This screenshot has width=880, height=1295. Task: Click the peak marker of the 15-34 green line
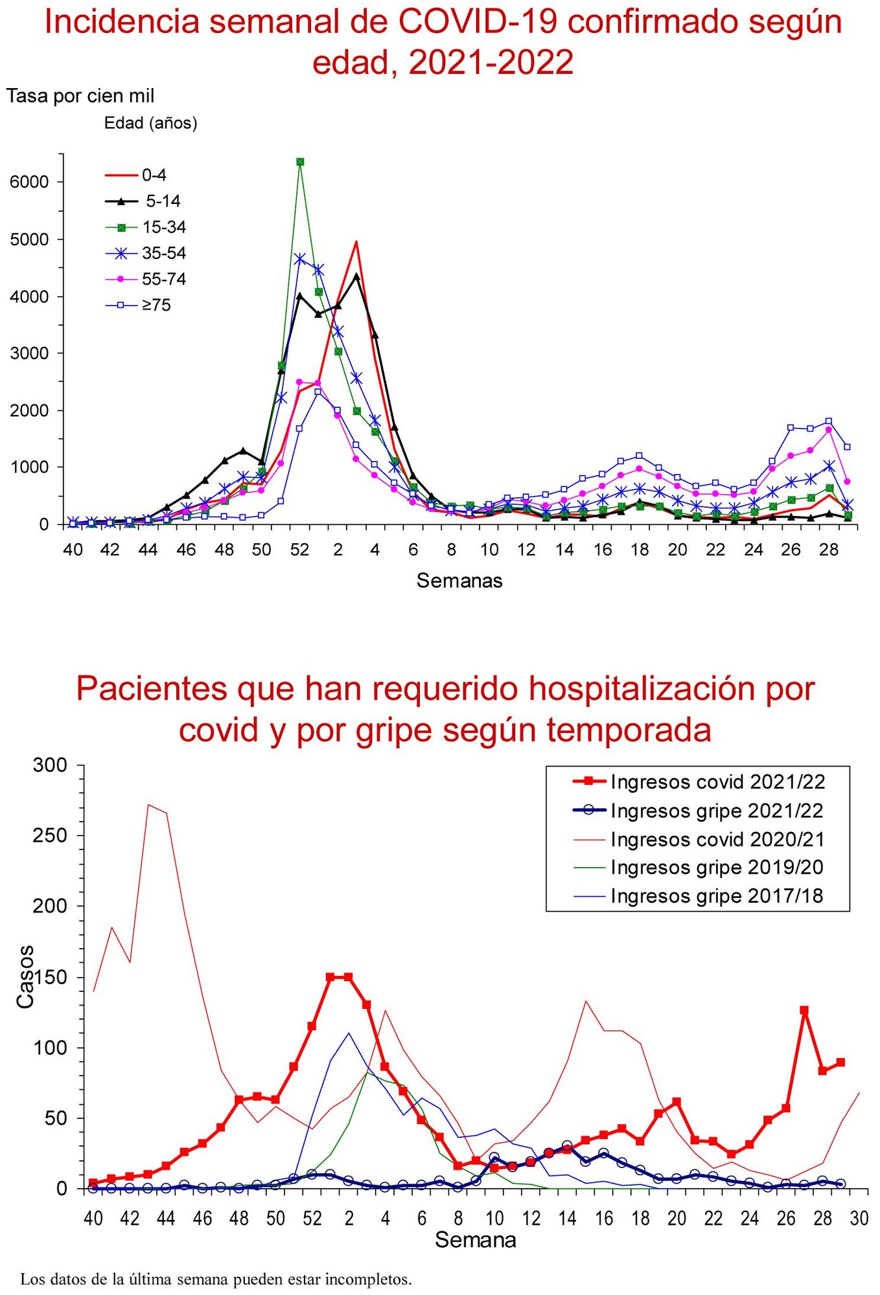click(x=300, y=162)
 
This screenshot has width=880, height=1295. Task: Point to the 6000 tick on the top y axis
click(x=29, y=182)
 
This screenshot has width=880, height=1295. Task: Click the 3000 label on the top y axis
click(x=29, y=354)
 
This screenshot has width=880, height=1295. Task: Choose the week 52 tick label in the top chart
click(x=299, y=550)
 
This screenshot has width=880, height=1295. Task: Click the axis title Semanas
click(x=459, y=580)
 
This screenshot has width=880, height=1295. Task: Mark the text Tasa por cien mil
click(x=80, y=96)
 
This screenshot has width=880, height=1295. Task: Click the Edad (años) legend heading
click(x=150, y=123)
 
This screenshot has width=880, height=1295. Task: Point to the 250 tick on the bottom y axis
click(x=49, y=835)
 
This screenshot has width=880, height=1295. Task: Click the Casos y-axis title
click(x=25, y=977)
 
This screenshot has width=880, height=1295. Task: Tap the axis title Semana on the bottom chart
click(x=475, y=1240)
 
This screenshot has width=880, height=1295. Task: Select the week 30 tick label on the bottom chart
click(x=859, y=1219)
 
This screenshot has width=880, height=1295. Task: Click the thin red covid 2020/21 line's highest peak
click(x=149, y=805)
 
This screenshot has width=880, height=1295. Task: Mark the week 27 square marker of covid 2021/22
click(x=804, y=1010)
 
